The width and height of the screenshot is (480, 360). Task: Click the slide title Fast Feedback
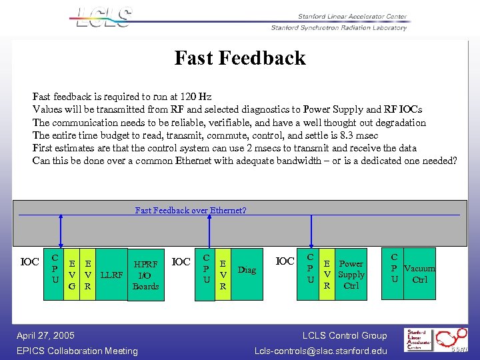(240, 58)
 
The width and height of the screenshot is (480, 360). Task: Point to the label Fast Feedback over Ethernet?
(191, 210)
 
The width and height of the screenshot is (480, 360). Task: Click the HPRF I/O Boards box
(145, 275)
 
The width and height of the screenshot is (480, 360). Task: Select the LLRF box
(111, 275)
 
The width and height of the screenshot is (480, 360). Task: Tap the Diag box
(247, 270)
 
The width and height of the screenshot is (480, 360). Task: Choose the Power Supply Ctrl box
(351, 274)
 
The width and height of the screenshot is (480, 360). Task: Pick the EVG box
(71, 275)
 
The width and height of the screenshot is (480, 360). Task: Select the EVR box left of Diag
(223, 275)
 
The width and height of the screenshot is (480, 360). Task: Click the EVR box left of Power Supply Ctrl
(327, 274)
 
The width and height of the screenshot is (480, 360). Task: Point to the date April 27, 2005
(45, 335)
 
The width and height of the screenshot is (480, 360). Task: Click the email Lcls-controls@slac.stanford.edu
(321, 351)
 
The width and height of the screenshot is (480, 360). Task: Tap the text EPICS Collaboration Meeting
(77, 351)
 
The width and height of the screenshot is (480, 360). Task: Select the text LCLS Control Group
(345, 335)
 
